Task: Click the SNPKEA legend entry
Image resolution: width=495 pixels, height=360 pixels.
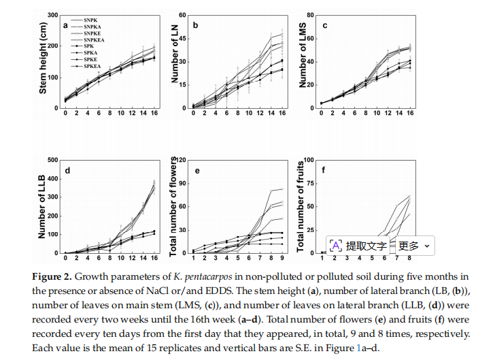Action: coord(88,40)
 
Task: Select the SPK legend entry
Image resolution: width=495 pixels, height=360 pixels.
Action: coord(82,46)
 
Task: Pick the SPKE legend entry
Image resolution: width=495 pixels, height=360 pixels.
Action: coord(84,59)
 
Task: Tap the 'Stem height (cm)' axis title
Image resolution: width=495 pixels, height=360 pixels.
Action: coord(43,58)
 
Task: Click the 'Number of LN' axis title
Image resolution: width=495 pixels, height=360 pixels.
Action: coord(175,54)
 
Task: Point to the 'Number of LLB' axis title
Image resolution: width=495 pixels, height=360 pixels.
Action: coord(41,207)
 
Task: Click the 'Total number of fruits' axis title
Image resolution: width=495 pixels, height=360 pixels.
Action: coord(301,206)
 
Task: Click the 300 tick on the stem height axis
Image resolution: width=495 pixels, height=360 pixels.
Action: coord(53,15)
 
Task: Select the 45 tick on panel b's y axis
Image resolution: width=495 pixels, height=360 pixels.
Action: coord(182,39)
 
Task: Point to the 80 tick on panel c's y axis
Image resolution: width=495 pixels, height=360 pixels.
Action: coord(310,15)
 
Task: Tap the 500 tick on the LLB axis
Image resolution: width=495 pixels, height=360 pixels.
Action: coord(53,160)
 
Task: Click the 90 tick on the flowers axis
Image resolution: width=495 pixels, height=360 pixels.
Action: coord(182,183)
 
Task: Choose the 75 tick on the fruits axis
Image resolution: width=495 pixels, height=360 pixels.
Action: coord(310,183)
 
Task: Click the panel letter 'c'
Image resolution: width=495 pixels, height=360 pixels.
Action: coord(325,25)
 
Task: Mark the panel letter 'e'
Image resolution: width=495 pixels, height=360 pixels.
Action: coord(197,171)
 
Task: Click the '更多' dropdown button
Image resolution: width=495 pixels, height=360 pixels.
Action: coord(414,246)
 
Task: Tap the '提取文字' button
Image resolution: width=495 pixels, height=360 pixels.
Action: coord(358,246)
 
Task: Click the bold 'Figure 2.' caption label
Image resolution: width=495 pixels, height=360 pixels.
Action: coord(52,277)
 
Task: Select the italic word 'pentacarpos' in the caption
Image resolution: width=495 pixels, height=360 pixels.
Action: coord(208,278)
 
